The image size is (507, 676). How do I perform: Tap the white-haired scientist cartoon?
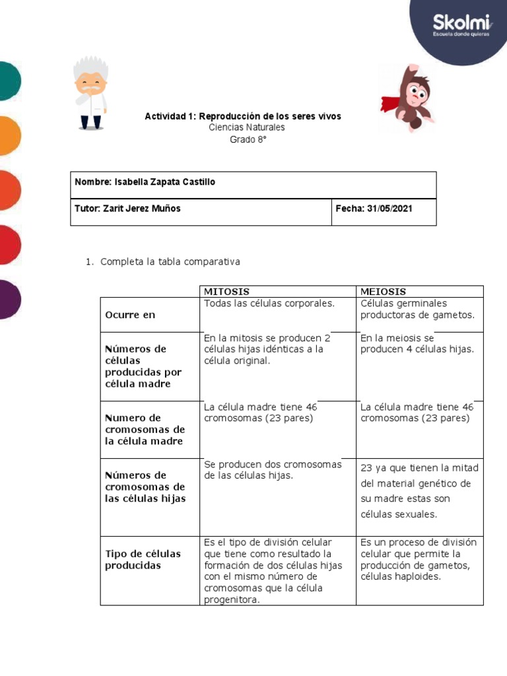click(90, 92)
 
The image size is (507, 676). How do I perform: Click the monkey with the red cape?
click(409, 98)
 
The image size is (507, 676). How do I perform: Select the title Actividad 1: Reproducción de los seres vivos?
click(243, 116)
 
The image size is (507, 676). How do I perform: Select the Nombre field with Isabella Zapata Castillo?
click(145, 182)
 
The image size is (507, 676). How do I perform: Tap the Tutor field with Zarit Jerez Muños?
click(127, 209)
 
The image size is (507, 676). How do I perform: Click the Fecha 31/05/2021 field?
click(374, 209)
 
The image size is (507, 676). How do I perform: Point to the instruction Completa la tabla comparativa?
click(170, 262)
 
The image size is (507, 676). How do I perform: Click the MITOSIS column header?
click(226, 291)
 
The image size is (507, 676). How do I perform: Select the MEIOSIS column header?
click(384, 291)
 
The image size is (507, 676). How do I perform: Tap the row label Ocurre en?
click(130, 315)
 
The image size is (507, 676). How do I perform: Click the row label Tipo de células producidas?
click(143, 560)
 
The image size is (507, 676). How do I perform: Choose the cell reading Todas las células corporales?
click(269, 304)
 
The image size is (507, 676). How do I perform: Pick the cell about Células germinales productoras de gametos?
click(417, 309)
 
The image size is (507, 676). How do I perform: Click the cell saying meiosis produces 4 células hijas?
click(417, 344)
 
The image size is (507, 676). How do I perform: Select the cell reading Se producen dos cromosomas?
click(273, 470)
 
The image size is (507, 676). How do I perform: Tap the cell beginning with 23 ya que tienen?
click(419, 490)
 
